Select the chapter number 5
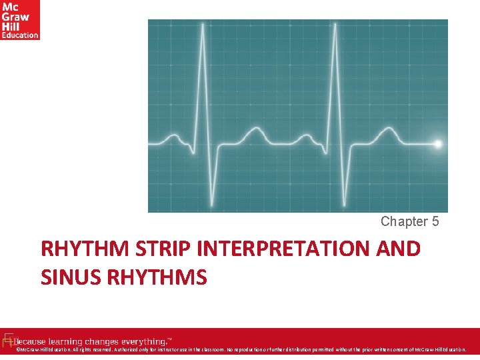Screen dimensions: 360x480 (x=435, y=221)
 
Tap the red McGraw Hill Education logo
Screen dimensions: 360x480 (x=20, y=19)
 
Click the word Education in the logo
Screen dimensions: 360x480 (x=20, y=35)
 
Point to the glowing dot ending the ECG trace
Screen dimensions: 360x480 (x=438, y=143)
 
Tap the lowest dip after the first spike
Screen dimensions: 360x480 (x=213, y=203)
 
